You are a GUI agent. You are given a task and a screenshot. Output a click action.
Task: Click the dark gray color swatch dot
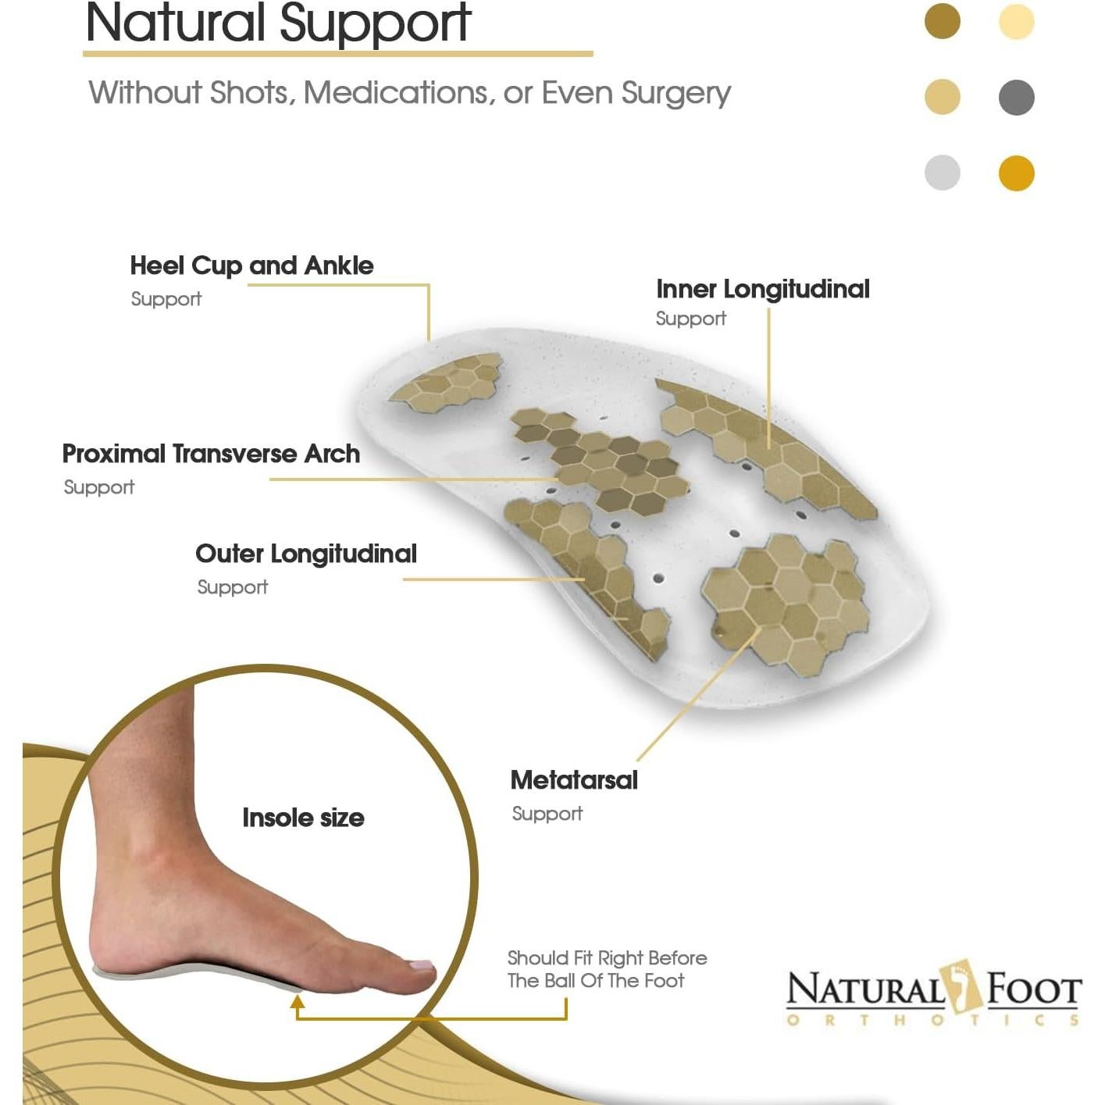[x=1016, y=98]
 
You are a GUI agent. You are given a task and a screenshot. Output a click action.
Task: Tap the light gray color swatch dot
[x=942, y=173]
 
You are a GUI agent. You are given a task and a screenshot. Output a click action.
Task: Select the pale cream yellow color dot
[x=1016, y=22]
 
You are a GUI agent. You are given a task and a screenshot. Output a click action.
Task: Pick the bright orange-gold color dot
[x=1016, y=173]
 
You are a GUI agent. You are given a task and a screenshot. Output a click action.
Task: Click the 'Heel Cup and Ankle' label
[x=251, y=266]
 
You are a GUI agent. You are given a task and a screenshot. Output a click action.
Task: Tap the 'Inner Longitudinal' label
[x=762, y=289]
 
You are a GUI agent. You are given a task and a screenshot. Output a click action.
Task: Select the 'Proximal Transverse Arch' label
[x=211, y=454]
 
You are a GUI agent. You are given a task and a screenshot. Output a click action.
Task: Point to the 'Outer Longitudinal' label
[x=305, y=554]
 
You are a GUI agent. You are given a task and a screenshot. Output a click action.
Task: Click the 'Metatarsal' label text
[x=574, y=780]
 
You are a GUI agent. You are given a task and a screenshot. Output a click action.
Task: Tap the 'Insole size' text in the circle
[x=303, y=818]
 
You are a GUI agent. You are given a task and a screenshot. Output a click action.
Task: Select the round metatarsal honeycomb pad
[x=784, y=601]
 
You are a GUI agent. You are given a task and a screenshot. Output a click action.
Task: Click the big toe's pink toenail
[x=422, y=966]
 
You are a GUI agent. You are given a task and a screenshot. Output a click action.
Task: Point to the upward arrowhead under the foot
[x=298, y=1003]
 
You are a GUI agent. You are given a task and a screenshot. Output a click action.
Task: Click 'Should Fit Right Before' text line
[x=607, y=958]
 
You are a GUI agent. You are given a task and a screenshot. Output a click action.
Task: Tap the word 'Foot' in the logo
[x=1033, y=990]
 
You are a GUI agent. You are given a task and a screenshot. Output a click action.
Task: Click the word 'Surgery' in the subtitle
[x=675, y=93]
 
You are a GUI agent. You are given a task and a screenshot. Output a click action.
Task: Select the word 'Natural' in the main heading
[x=176, y=23]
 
